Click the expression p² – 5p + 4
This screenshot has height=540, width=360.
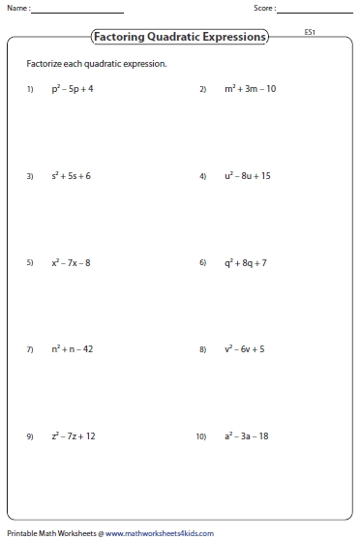[x=73, y=89]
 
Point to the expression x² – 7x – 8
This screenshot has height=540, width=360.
[x=73, y=262]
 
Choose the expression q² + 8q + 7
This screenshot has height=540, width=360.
[x=246, y=262]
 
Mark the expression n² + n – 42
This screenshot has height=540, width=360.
[x=73, y=348]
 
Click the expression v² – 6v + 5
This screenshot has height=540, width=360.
[x=246, y=348]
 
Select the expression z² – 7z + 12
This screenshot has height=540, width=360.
[x=74, y=435]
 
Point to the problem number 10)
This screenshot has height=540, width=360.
[x=201, y=436]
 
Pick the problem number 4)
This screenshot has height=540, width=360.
[x=203, y=177]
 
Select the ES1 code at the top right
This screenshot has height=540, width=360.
[x=310, y=33]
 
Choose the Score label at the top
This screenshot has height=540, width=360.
[x=263, y=9]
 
